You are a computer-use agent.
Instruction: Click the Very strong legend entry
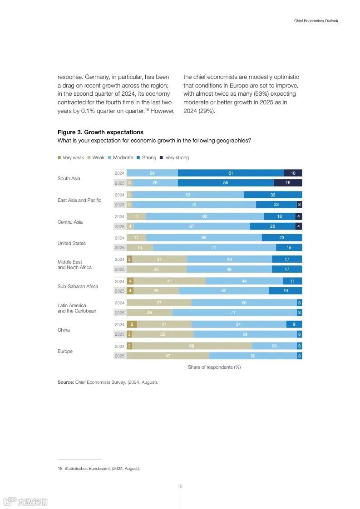click(177, 158)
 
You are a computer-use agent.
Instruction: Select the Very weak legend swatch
click(59, 158)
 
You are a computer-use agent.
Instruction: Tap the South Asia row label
click(69, 178)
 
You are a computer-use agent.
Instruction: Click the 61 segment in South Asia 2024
click(231, 173)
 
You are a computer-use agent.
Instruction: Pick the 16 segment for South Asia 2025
click(287, 183)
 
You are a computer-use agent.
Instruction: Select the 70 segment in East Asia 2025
click(194, 205)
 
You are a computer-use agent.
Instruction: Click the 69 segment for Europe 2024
click(191, 346)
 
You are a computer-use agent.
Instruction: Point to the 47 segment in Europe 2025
click(168, 356)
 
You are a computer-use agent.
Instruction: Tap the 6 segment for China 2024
click(132, 324)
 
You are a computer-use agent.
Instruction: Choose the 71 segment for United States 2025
click(214, 248)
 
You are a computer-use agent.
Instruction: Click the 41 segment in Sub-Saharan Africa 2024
click(169, 281)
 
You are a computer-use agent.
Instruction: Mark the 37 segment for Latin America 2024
click(159, 303)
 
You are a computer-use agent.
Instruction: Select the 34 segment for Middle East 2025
click(156, 269)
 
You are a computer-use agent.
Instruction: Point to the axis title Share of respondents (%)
click(214, 367)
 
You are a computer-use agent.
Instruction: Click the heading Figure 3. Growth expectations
click(100, 132)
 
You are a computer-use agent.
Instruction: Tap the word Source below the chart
click(65, 382)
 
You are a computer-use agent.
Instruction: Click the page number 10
click(180, 486)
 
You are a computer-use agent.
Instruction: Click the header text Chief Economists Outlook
click(316, 21)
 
